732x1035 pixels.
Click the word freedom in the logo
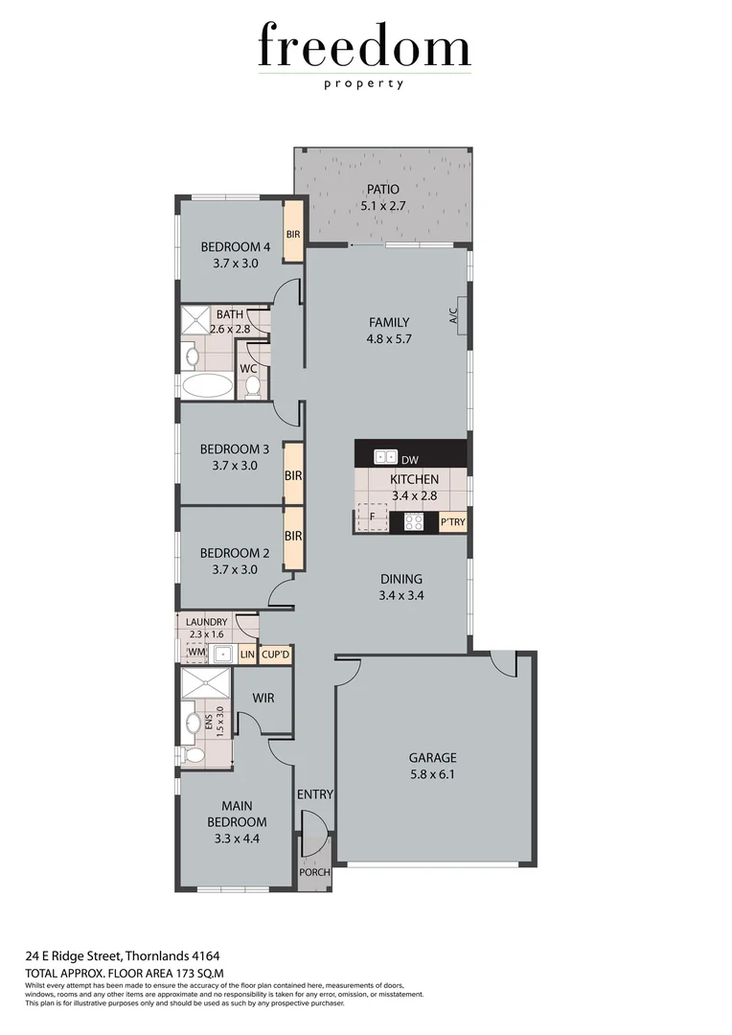coord(364,48)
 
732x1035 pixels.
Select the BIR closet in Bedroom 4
coord(293,233)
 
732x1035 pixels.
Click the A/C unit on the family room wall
coord(461,316)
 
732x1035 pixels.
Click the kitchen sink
coord(385,457)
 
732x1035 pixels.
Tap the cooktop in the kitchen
coord(413,522)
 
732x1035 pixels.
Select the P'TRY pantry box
coord(452,523)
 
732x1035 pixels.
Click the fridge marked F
coord(372,517)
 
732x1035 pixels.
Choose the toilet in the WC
coord(253,385)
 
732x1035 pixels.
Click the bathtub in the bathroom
coord(207,387)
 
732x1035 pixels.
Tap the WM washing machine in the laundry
coord(196,654)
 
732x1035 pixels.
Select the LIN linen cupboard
coord(247,655)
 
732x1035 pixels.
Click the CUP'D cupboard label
coord(275,655)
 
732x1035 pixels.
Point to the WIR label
coord(263,698)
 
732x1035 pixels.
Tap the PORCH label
coord(314,872)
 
